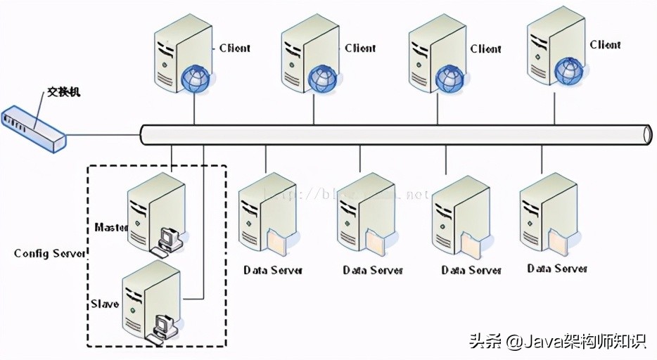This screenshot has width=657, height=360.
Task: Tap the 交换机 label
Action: [65, 91]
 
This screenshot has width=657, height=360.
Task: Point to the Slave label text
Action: [105, 304]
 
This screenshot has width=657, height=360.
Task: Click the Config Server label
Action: [50, 253]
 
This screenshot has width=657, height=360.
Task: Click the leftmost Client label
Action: [234, 49]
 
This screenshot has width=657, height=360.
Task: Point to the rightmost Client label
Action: [605, 45]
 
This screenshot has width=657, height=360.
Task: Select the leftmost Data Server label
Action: [273, 270]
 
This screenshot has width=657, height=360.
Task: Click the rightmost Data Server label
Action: [557, 269]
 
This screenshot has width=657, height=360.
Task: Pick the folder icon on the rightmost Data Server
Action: [557, 242]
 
